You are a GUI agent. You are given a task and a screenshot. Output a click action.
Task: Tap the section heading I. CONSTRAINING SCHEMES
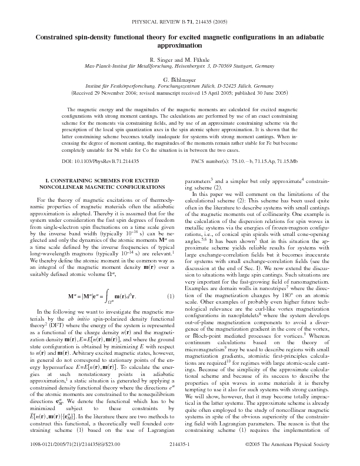97,185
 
